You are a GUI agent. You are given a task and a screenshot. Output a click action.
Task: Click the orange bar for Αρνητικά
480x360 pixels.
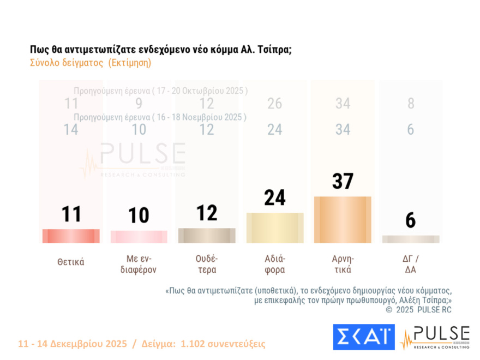point(343,220)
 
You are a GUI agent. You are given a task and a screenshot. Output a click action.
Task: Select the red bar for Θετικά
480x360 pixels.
point(71,236)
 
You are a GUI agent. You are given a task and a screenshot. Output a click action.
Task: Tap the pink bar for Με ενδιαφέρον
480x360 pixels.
point(139,237)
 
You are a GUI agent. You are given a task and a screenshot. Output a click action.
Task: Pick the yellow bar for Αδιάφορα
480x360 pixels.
point(275,228)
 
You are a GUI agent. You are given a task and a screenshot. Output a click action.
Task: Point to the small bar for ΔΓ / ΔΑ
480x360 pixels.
point(411,239)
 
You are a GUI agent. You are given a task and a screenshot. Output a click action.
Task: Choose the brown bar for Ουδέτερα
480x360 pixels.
point(207,236)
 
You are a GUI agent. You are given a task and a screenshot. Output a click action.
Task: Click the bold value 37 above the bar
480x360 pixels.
point(343,182)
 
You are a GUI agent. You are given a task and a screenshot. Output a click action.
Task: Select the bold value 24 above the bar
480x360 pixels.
point(275,198)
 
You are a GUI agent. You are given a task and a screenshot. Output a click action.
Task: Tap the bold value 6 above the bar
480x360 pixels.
point(411,220)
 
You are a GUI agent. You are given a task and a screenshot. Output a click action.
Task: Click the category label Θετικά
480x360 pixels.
point(71,262)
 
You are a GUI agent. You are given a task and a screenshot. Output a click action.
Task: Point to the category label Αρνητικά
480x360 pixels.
point(343,263)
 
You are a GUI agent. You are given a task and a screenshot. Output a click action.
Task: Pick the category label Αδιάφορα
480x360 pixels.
point(275,263)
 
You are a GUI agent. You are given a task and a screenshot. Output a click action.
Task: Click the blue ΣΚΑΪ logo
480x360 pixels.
point(364,337)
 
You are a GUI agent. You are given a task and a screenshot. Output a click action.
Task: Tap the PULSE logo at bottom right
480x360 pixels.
point(435,337)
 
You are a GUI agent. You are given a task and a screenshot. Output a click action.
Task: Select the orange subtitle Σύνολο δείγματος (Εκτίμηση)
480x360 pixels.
point(91,63)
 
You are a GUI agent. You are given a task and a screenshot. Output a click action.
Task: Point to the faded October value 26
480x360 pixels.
point(275,104)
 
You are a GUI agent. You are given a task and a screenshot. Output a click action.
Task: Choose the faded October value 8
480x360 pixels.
point(411,104)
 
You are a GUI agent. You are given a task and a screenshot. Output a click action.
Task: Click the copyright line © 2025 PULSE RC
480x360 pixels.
point(418,309)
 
